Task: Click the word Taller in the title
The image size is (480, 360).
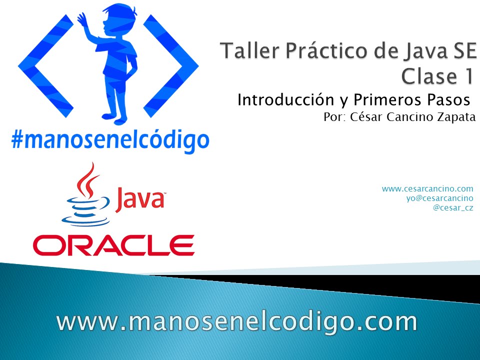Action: [x=244, y=51]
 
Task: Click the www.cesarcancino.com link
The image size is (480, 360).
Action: [x=427, y=188]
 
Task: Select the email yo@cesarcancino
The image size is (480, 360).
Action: [x=440, y=198]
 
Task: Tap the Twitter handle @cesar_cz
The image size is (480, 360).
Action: [x=453, y=207]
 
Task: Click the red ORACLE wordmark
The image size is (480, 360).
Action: [x=113, y=245]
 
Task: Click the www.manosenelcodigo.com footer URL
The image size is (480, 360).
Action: [x=237, y=321]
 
